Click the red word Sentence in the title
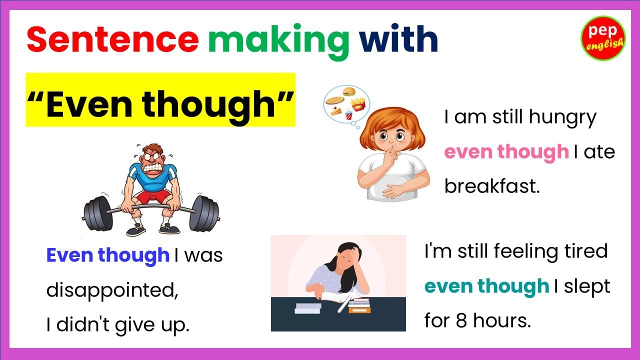pos(112,40)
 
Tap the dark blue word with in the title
pos(398,40)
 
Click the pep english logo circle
pos(603,38)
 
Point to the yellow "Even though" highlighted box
pos(160,100)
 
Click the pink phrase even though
pos(506,152)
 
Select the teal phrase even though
pos(486,286)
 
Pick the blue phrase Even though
pos(108,255)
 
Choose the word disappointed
pos(112,290)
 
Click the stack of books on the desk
pos(359,304)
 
